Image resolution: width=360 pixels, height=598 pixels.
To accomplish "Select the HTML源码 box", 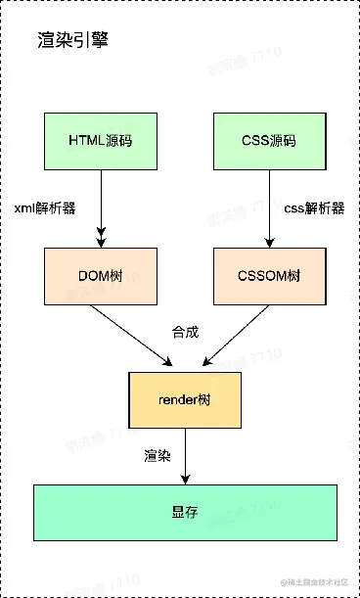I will (x=101, y=140).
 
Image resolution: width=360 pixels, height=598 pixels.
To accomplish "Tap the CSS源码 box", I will (x=269, y=140).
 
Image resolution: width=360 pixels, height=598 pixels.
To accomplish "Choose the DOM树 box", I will (x=101, y=275).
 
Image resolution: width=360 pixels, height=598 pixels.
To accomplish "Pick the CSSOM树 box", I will (x=269, y=275).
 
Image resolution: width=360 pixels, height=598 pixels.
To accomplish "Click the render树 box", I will (x=185, y=400).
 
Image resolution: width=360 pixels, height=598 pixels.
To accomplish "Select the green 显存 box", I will (x=185, y=512).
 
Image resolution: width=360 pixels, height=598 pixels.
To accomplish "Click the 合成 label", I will (x=186, y=332).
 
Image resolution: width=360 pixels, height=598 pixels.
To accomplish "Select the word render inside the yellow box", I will (x=178, y=400).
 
